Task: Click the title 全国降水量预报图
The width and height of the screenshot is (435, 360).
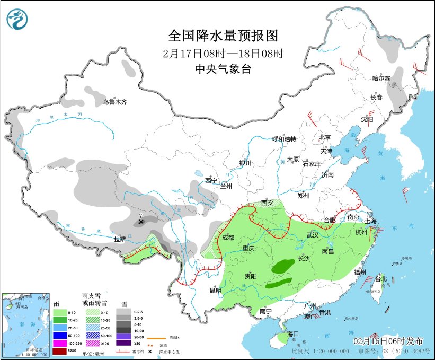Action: [223, 36]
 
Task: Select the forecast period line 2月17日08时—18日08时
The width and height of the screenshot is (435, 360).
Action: [223, 53]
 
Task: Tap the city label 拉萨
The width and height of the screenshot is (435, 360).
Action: [120, 239]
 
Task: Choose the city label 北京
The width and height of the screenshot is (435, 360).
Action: [325, 137]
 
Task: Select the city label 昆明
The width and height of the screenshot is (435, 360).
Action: [215, 290]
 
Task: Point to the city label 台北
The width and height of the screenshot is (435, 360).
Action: [381, 279]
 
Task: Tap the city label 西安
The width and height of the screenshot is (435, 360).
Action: [268, 203]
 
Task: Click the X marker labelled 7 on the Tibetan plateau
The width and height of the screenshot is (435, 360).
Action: [141, 222]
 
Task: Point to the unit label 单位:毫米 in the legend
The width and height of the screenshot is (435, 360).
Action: [94, 352]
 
